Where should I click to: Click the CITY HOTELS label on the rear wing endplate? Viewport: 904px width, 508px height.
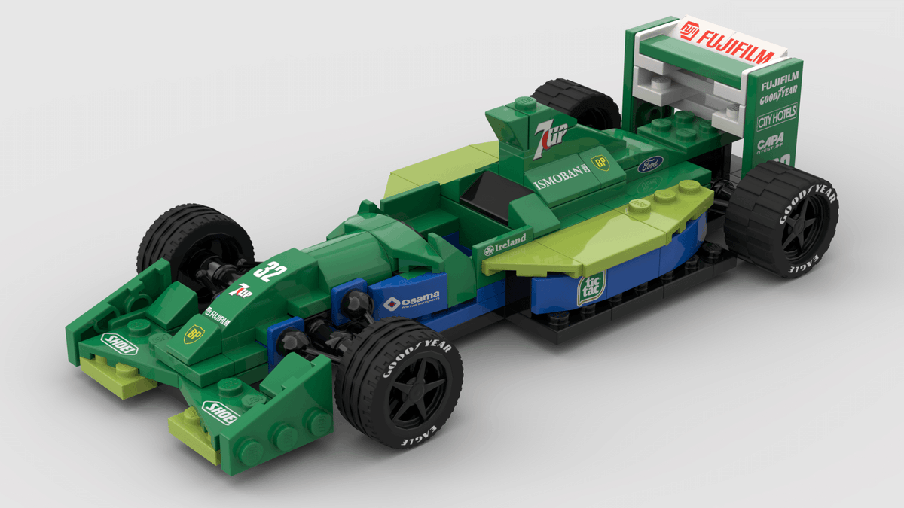776,117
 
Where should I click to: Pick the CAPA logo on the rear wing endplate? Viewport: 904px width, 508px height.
771,141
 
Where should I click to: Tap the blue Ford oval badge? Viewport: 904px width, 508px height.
650,163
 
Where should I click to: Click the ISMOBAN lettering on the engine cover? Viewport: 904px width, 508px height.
559,178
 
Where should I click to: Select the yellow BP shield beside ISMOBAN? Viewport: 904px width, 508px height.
600,162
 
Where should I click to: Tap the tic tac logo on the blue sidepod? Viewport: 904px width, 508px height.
590,288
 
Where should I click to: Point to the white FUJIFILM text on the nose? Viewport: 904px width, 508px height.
221,313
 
